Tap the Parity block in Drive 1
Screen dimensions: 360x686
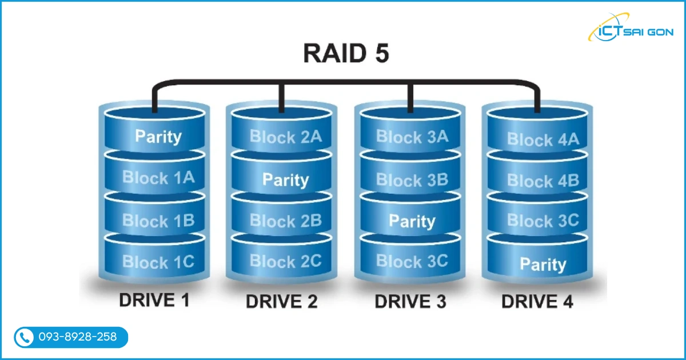(158, 137)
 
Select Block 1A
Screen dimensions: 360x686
(158, 178)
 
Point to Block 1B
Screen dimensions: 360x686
(158, 221)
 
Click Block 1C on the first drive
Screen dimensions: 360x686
(158, 262)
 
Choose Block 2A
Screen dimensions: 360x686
(286, 137)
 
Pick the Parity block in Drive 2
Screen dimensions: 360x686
(286, 180)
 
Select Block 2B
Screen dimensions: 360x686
(286, 221)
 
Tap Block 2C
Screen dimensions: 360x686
(286, 261)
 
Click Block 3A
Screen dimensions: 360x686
(412, 137)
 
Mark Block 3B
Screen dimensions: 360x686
(412, 180)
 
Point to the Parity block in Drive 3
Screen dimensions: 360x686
(412, 221)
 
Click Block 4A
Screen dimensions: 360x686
(543, 139)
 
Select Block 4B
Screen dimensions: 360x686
(543, 181)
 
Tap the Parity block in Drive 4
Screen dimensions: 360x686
(543, 265)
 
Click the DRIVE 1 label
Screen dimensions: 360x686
(154, 301)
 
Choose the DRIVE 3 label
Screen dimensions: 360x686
(410, 302)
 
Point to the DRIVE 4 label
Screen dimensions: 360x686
(537, 302)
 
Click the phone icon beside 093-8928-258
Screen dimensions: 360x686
(24, 338)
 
